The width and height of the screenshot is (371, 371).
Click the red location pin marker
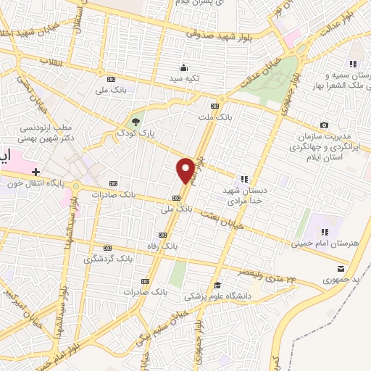pos(185,170)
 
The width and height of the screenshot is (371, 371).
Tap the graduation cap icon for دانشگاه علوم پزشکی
pos(217,285)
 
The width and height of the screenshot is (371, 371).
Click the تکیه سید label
pos(184,78)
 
